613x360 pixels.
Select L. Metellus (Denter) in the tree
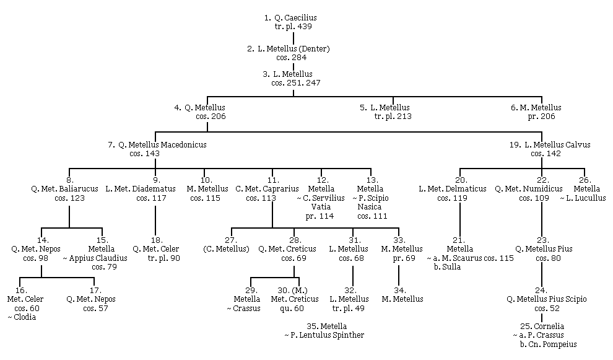(293, 49)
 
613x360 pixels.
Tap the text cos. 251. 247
(296, 83)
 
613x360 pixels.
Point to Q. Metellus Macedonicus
(162, 145)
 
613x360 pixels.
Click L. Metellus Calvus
(557, 145)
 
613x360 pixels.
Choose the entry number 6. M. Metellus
(536, 108)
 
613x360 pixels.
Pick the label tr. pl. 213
(393, 116)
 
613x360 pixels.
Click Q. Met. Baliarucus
(65, 189)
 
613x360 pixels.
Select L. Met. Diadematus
(141, 189)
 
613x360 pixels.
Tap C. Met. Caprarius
(267, 189)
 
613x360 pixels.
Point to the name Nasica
(370, 207)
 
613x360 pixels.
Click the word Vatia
(321, 207)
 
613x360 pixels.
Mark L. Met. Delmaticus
(453, 189)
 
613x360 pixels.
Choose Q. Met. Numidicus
(529, 189)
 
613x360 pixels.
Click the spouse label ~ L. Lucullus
(583, 198)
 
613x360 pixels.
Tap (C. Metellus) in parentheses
(227, 249)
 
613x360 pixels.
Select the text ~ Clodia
(22, 317)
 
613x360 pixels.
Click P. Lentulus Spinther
(327, 335)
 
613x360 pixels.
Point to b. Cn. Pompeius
(548, 345)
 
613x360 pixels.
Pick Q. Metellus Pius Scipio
(547, 299)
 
